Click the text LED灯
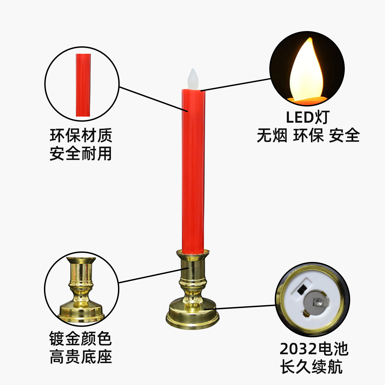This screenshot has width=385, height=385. (308, 117)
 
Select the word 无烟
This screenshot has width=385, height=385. (272, 136)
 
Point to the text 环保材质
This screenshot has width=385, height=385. (81, 136)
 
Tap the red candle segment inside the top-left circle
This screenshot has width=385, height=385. (83, 85)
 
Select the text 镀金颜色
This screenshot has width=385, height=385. (80, 339)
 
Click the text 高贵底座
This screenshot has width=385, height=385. (80, 357)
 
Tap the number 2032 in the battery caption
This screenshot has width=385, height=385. (296, 349)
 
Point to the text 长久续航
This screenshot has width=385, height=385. (311, 367)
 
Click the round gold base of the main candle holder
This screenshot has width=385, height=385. (193, 316)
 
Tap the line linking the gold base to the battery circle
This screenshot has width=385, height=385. (240, 307)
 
